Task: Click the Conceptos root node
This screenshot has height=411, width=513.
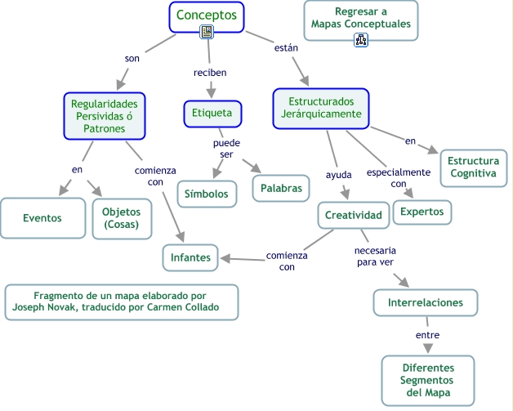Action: pyautogui.click(x=207, y=15)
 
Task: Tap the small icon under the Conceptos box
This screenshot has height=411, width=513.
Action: pyautogui.click(x=207, y=33)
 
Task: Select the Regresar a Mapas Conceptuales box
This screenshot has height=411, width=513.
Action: pyautogui.click(x=360, y=19)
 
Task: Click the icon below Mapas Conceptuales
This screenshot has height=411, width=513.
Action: pyautogui.click(x=360, y=39)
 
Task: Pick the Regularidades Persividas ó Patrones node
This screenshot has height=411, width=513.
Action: pyautogui.click(x=104, y=116)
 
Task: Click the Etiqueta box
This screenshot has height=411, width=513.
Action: pyautogui.click(x=212, y=113)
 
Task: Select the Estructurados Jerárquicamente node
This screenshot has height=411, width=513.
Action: pyautogui.click(x=320, y=108)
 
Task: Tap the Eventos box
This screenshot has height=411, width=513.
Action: pyautogui.click(x=42, y=218)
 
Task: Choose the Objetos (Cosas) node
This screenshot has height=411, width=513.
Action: pyautogui.click(x=122, y=218)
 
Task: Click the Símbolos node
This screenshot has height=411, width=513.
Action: pyautogui.click(x=207, y=193)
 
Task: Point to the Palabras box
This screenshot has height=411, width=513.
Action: pyautogui.click(x=281, y=188)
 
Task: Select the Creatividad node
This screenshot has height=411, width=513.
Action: pyautogui.click(x=353, y=215)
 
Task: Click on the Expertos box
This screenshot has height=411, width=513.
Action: pyautogui.click(x=422, y=212)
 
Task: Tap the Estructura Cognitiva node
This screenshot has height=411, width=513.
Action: pyautogui.click(x=473, y=167)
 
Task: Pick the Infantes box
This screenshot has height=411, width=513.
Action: pyautogui.click(x=190, y=257)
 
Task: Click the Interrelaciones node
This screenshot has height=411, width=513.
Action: pyautogui.click(x=425, y=302)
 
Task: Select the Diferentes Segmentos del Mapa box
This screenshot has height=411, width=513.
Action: pyautogui.click(x=427, y=380)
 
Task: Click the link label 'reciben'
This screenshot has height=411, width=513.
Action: pyautogui.click(x=209, y=73)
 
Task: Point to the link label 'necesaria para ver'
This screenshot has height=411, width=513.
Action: pyautogui.click(x=376, y=256)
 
